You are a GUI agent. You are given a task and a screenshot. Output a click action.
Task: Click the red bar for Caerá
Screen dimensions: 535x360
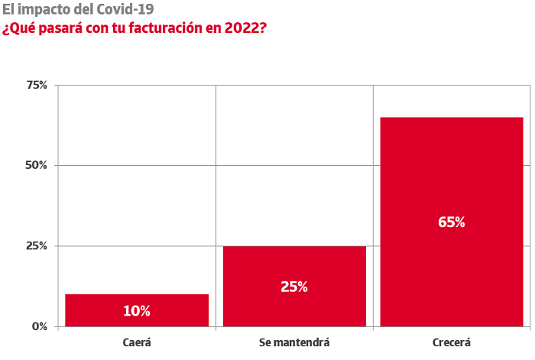pyautogui.click(x=137, y=310)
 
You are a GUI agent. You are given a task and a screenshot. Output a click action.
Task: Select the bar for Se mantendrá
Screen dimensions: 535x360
pyautogui.click(x=294, y=287)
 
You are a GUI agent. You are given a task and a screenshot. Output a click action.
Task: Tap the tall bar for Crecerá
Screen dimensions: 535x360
pyautogui.click(x=452, y=222)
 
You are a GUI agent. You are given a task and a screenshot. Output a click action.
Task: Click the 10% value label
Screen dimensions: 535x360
pyautogui.click(x=137, y=311)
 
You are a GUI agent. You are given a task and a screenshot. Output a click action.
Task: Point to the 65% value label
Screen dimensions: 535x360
pyautogui.click(x=452, y=222)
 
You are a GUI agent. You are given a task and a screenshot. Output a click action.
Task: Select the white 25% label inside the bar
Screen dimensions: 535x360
pyautogui.click(x=294, y=287)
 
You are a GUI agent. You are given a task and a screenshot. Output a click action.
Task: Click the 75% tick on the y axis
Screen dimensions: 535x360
pyautogui.click(x=37, y=85)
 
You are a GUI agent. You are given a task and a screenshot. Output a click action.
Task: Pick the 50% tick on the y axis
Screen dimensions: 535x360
pyautogui.click(x=36, y=166)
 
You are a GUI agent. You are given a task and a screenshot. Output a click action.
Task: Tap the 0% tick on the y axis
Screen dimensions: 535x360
pyautogui.click(x=40, y=326)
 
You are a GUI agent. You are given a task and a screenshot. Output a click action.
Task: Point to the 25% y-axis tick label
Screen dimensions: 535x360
pyautogui.click(x=37, y=246)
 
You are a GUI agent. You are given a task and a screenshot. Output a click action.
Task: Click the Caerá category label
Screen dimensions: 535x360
pyautogui.click(x=137, y=342)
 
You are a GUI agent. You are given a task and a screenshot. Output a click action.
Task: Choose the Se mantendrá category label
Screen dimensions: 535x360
pyautogui.click(x=294, y=342)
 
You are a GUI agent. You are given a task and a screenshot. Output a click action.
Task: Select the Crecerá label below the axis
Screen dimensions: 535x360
pyautogui.click(x=452, y=342)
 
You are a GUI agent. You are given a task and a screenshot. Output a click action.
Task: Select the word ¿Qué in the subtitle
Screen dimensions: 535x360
pyautogui.click(x=19, y=28)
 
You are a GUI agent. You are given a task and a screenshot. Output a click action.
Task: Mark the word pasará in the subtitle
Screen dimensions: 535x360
pyautogui.click(x=60, y=29)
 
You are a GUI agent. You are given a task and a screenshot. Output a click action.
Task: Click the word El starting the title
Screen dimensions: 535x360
pyautogui.click(x=8, y=9)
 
